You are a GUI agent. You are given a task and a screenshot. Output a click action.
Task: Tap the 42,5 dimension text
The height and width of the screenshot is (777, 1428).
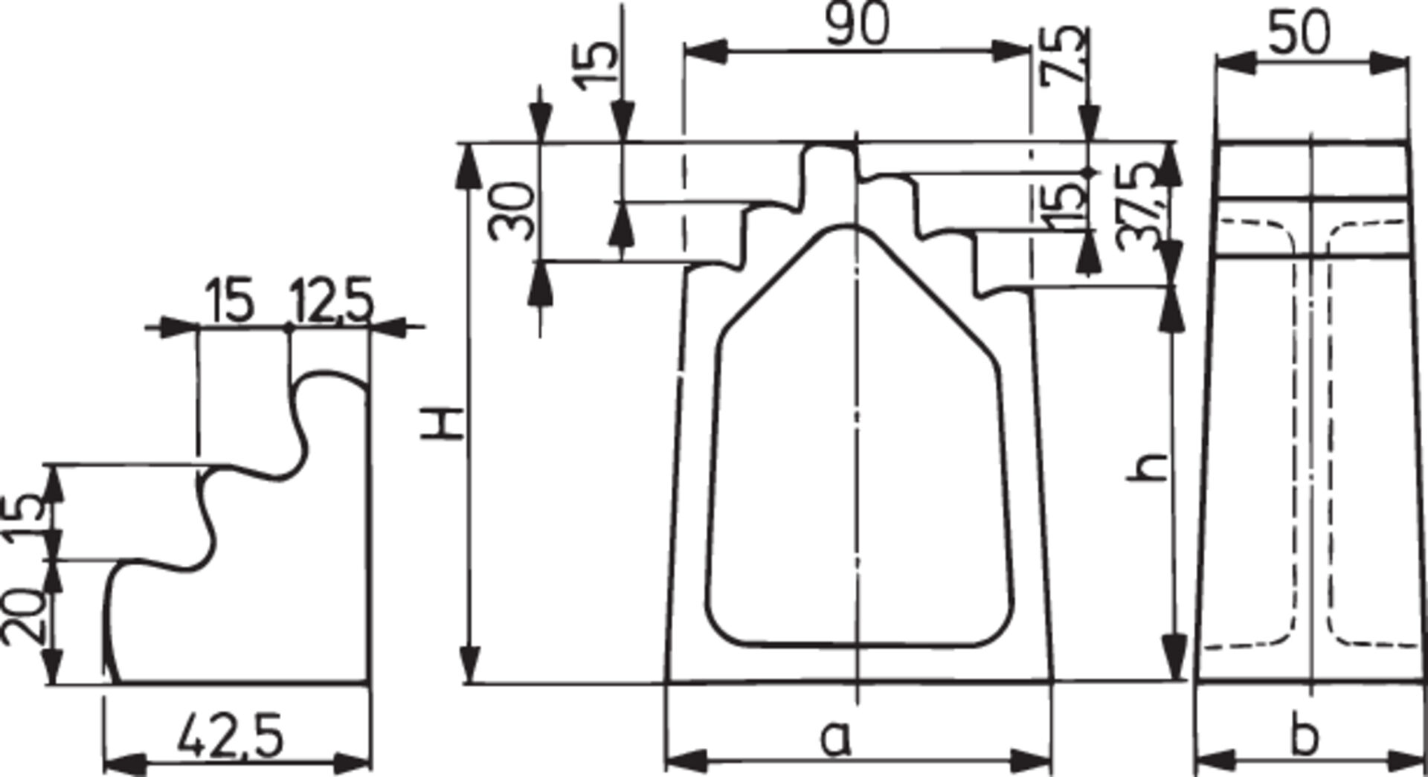pos(231,736)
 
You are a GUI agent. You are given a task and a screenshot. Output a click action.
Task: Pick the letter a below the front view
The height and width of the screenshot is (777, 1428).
pos(836,738)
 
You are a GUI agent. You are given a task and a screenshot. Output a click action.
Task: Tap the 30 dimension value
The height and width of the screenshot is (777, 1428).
pos(514,212)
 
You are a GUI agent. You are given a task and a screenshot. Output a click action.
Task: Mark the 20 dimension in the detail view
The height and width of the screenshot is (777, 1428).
pos(22,616)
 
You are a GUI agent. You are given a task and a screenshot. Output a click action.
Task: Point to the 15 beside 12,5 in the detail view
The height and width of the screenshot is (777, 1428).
pos(231,301)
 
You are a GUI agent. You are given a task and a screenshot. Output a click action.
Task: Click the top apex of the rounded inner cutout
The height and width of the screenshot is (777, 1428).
pos(848,226)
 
